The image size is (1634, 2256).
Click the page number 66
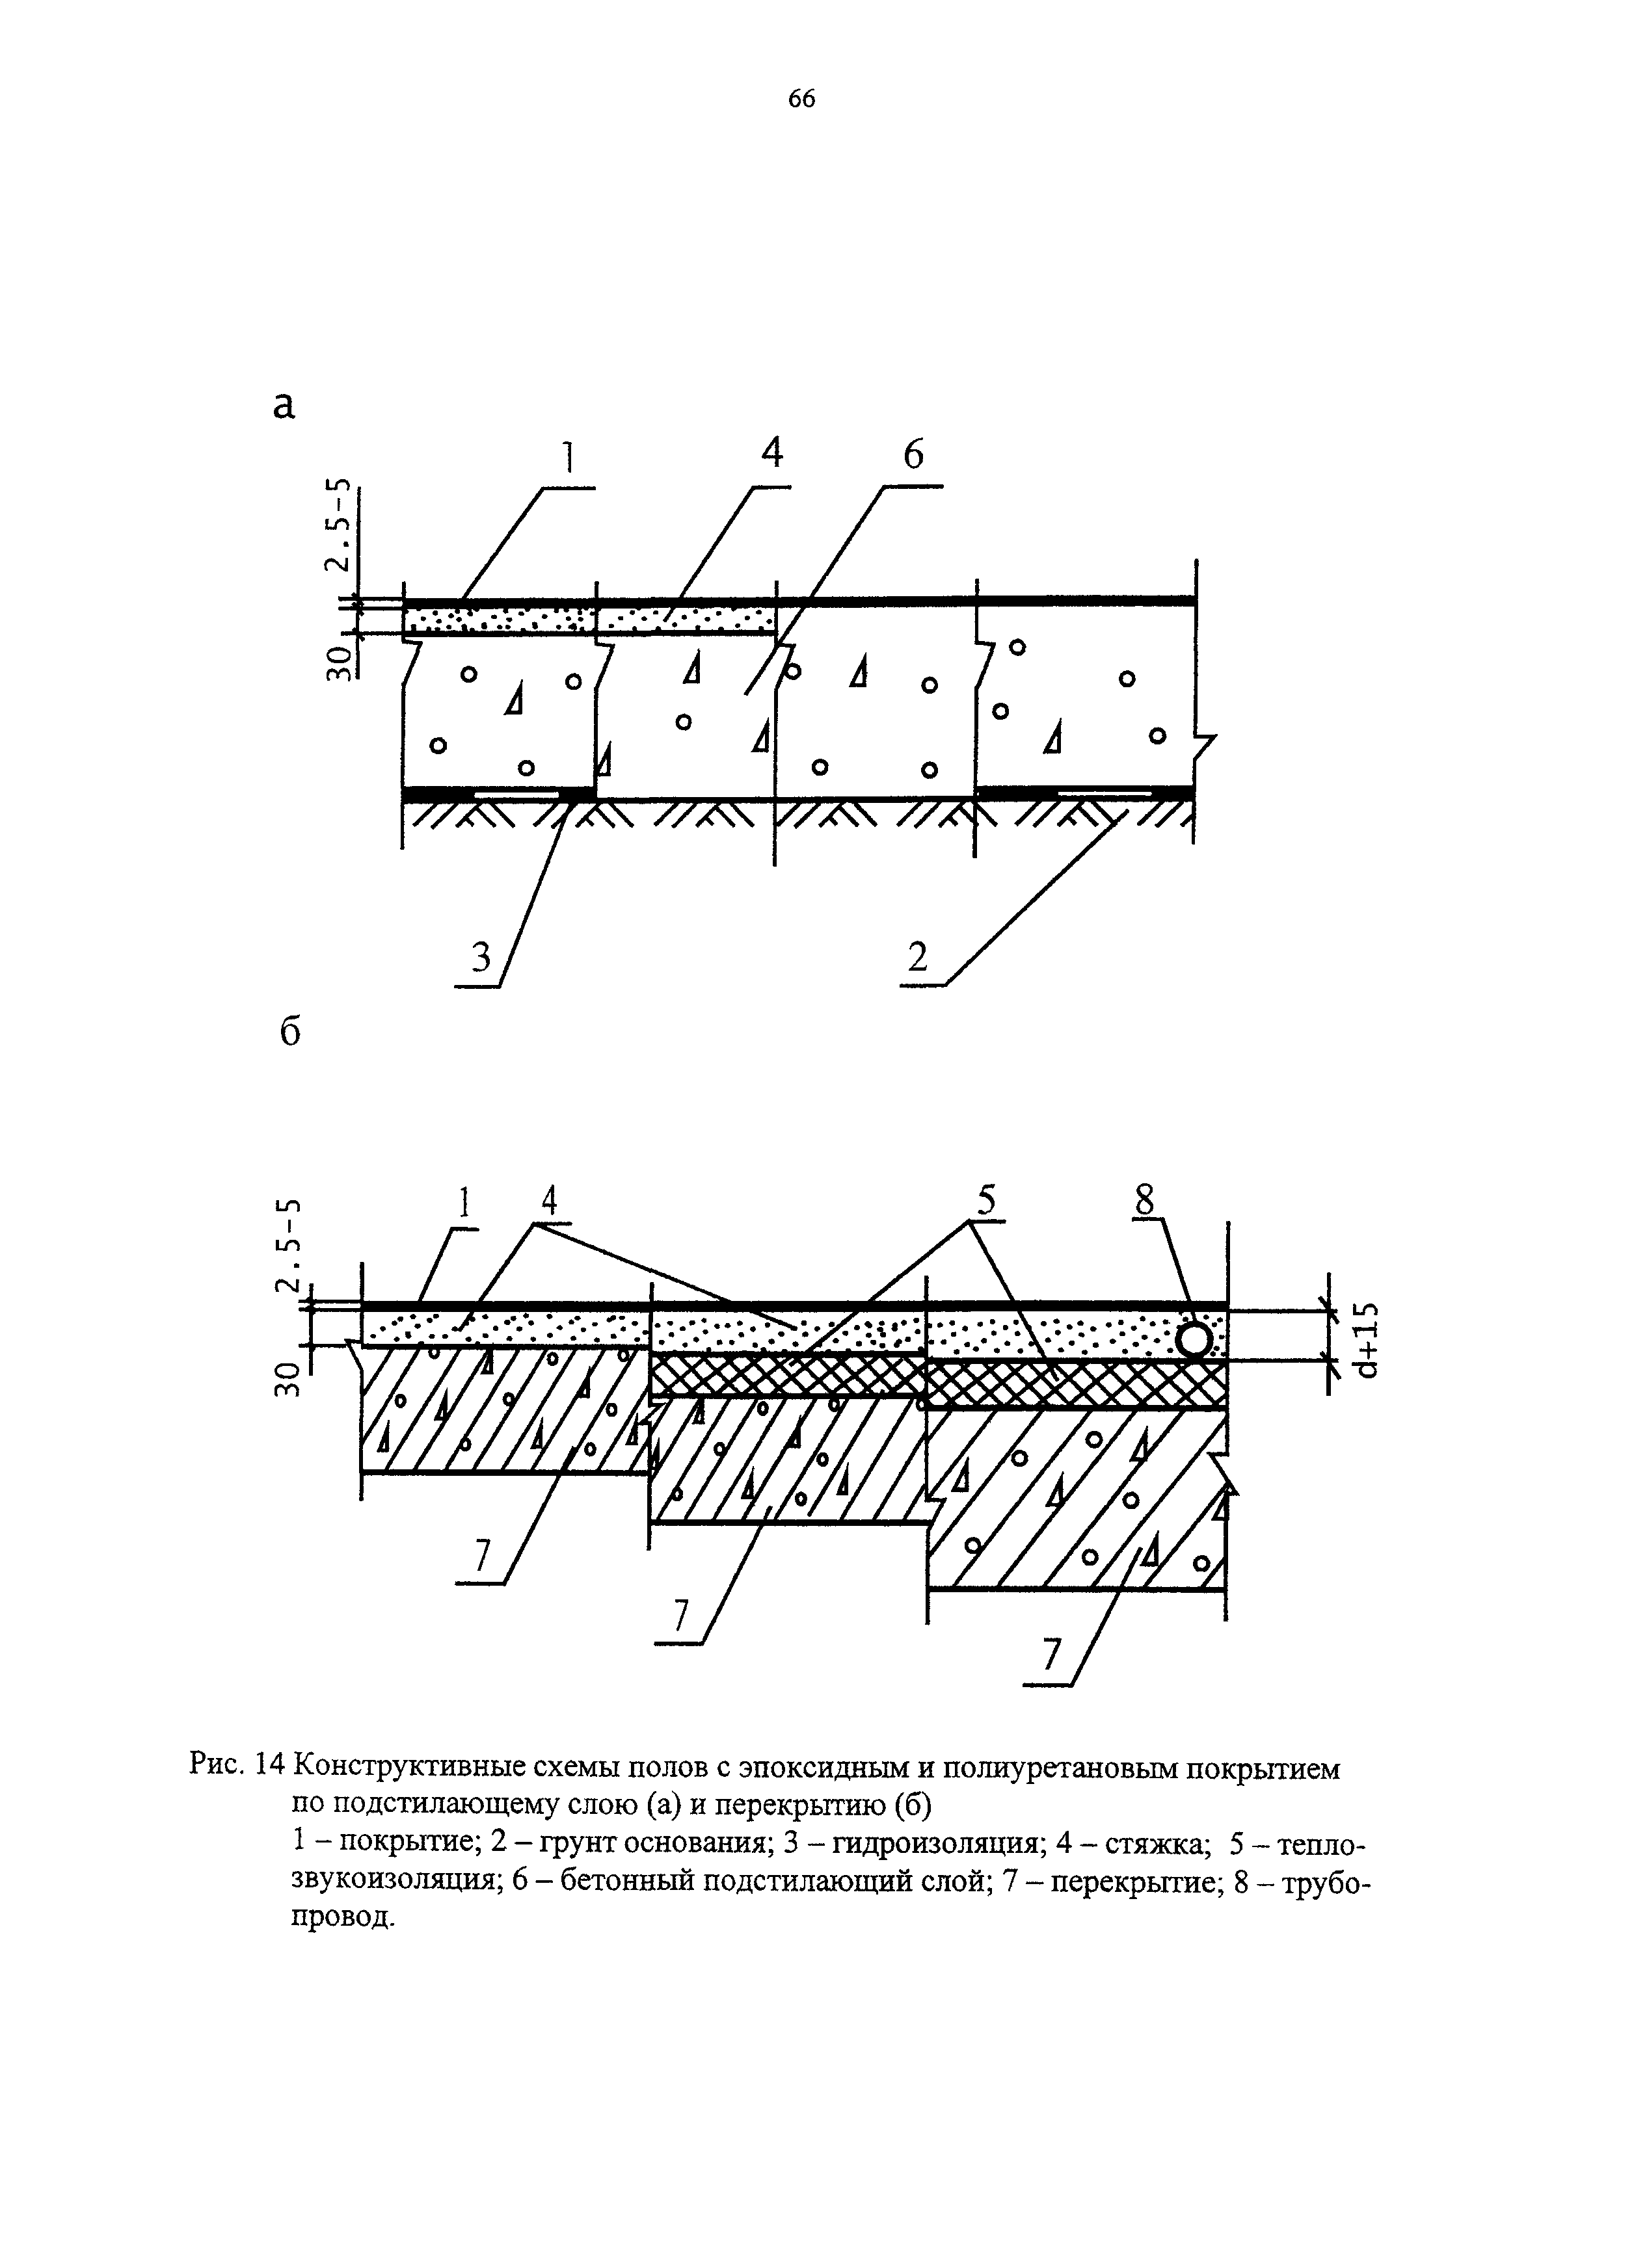(801, 98)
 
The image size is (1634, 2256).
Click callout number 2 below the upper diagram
(917, 957)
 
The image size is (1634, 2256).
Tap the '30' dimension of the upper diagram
(340, 662)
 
